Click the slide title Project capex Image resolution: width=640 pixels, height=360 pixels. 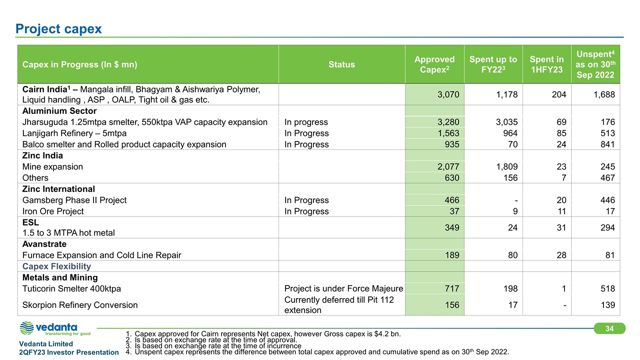58,29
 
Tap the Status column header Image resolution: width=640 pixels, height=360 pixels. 341,64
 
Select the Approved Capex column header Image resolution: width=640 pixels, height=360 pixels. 434,64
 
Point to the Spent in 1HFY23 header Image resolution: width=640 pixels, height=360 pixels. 546,64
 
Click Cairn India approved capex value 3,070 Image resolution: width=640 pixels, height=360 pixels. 448,94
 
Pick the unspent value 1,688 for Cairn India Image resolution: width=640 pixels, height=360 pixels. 604,94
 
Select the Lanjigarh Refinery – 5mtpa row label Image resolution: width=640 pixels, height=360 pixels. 74,133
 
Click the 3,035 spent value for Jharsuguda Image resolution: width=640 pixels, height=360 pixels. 506,122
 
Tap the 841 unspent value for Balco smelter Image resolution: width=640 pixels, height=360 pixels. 607,144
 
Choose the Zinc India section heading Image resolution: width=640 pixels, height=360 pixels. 42,155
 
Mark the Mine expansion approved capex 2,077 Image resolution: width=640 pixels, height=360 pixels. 448,167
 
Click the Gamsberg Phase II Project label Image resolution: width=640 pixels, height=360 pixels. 74,200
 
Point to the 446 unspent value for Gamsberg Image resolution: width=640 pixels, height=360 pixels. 607,200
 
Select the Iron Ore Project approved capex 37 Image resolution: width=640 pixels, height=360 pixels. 454,211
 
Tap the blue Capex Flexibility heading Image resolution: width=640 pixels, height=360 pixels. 56,266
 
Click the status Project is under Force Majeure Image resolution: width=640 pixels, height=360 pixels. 343,289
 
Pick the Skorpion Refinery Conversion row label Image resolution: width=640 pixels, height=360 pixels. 80,305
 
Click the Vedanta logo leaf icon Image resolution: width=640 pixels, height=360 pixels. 26,328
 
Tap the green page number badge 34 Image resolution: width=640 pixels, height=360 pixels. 609,328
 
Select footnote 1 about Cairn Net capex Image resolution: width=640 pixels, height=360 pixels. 263,333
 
